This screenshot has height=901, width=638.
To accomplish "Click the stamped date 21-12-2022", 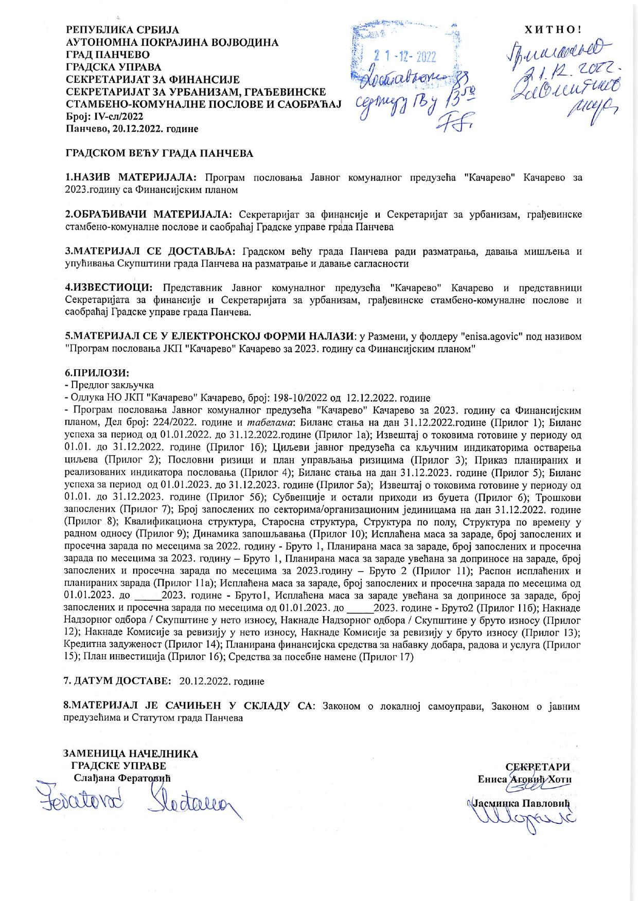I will (x=404, y=57).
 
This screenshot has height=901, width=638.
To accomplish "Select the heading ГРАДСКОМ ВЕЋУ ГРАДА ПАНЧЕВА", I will (x=159, y=153).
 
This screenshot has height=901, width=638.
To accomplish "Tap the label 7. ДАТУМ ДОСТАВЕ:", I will (x=117, y=681).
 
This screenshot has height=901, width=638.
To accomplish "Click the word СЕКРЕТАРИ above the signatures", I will (x=538, y=768).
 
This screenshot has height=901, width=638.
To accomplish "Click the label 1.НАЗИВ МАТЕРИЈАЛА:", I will (x=131, y=177).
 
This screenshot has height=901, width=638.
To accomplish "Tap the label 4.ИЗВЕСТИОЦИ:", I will (x=109, y=287).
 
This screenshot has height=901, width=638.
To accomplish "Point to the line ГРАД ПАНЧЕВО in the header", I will (x=108, y=55).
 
